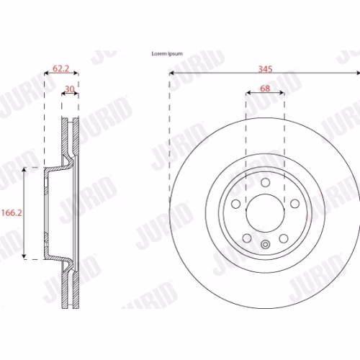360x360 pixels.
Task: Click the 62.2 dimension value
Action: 60,68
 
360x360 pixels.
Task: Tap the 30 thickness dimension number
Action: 70,89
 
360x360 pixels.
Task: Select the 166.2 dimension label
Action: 12,212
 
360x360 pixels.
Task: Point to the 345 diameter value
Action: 265,69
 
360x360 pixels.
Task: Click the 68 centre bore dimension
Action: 265,89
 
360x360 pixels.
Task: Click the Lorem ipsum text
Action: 167,53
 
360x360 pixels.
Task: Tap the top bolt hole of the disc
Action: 265,182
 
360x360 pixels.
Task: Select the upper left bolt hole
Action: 235,204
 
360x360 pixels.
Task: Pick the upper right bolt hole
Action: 294,204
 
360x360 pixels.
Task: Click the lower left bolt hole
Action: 247,238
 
